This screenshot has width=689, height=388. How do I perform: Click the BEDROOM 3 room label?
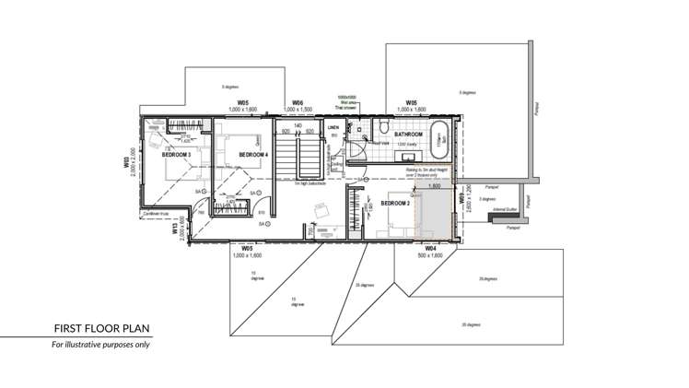(x=176, y=155)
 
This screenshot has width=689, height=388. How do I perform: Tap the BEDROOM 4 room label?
(x=252, y=155)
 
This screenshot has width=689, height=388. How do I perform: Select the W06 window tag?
(x=298, y=102)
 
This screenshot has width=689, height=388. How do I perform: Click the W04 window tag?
(x=430, y=249)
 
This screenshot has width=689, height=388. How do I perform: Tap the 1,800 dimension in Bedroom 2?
(x=436, y=186)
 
